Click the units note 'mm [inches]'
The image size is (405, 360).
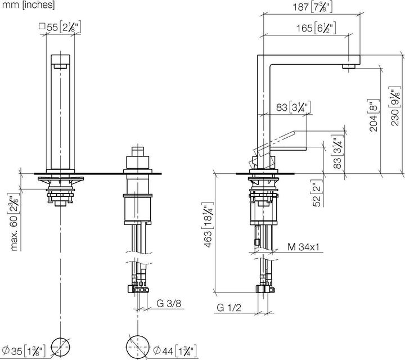pos(28,6)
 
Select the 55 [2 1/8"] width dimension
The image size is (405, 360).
pos(60,26)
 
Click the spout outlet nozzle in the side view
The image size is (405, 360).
pos(349,65)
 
